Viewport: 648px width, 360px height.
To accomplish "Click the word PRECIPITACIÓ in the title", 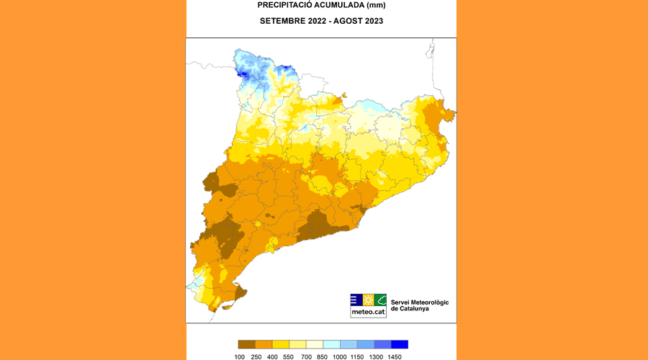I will [x=284, y=6].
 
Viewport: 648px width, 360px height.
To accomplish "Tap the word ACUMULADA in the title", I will [x=338, y=6].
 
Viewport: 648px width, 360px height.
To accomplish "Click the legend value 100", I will [x=240, y=356].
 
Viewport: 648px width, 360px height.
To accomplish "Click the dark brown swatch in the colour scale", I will [x=247, y=344].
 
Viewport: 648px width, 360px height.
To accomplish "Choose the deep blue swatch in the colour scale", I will [x=400, y=344].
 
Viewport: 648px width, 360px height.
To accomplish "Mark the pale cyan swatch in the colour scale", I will [x=332, y=344].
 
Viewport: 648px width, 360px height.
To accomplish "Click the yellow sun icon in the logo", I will [x=369, y=300].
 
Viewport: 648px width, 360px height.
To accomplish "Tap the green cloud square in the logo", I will [x=380, y=300].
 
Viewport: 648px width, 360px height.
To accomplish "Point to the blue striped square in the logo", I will [x=356, y=300].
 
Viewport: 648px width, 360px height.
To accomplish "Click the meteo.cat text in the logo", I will [x=368, y=312].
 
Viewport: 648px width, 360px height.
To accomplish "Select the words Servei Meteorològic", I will [x=420, y=302].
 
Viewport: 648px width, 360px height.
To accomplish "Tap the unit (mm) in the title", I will [x=376, y=6].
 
